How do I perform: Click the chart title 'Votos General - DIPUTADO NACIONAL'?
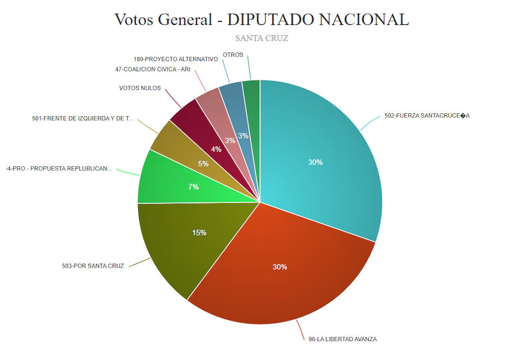(x=262, y=19)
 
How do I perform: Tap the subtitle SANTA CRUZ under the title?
(x=262, y=38)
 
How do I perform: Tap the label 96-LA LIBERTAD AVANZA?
(x=342, y=339)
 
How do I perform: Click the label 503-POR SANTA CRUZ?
(x=92, y=266)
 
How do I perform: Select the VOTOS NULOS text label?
(x=140, y=88)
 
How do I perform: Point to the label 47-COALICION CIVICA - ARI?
(x=153, y=69)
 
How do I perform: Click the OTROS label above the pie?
(x=233, y=55)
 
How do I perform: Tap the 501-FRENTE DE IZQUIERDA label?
(x=82, y=119)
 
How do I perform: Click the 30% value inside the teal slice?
(x=315, y=162)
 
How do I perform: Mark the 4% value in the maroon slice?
(x=216, y=149)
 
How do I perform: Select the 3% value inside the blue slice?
(x=243, y=136)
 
